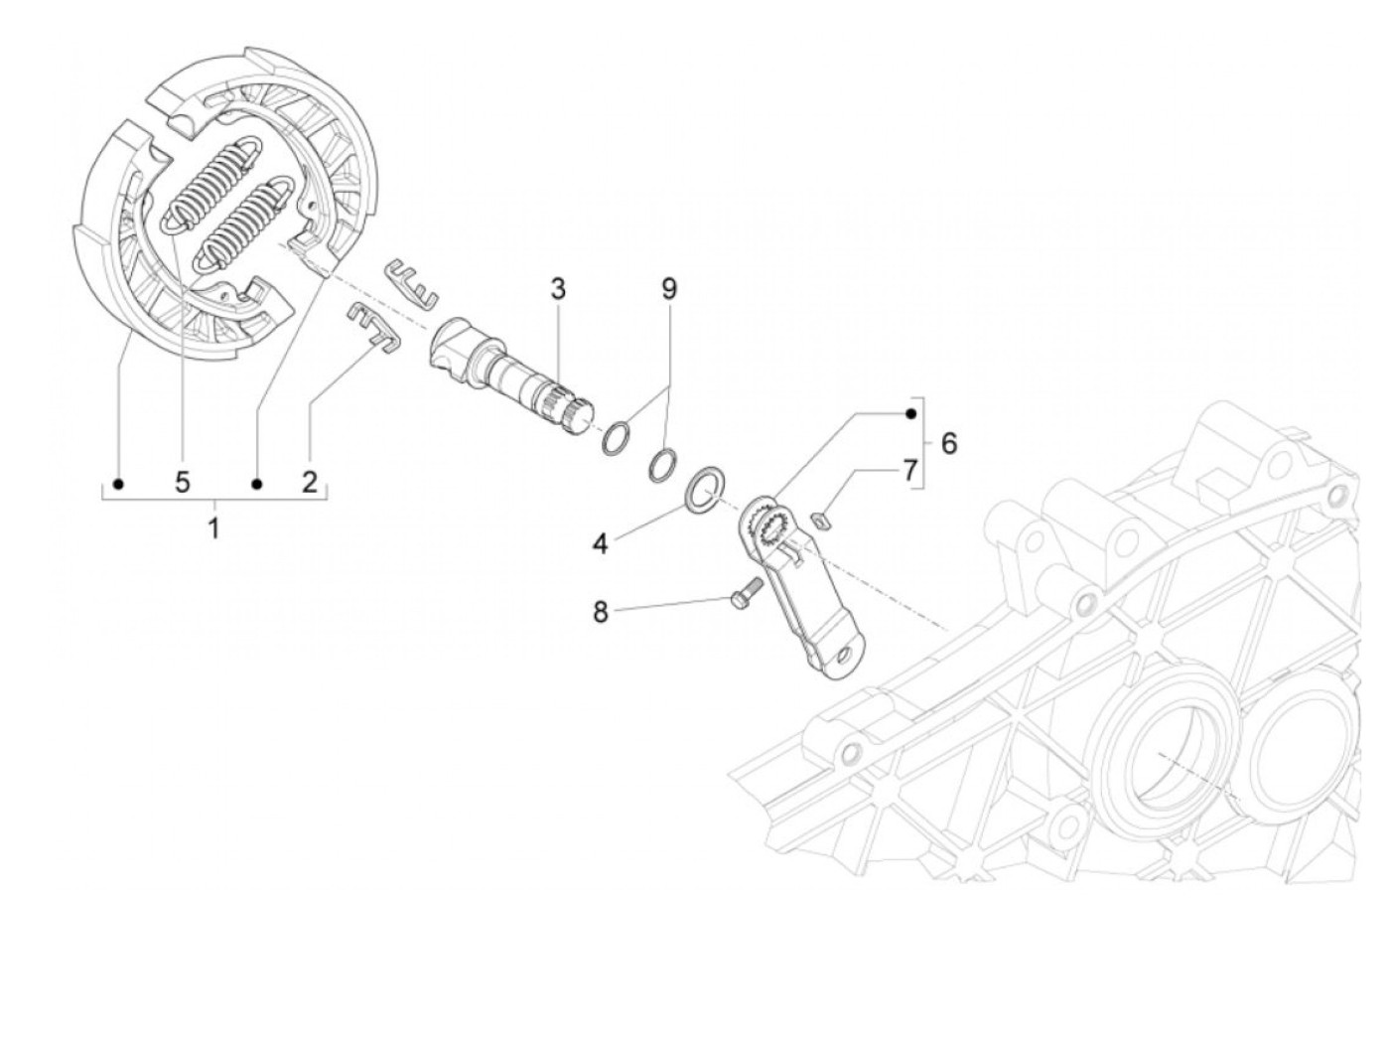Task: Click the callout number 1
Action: click(x=213, y=527)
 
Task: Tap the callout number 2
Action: click(x=310, y=484)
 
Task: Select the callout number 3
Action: click(x=558, y=290)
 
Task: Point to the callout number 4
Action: click(x=600, y=543)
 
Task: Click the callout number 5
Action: click(x=182, y=484)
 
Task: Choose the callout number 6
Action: click(x=949, y=443)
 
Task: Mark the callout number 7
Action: click(x=910, y=470)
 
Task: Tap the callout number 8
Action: click(x=600, y=611)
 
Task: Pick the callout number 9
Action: click(x=668, y=289)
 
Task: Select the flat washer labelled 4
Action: click(x=707, y=487)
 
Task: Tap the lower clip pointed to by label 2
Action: click(x=371, y=328)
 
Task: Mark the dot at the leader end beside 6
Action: click(x=909, y=412)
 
